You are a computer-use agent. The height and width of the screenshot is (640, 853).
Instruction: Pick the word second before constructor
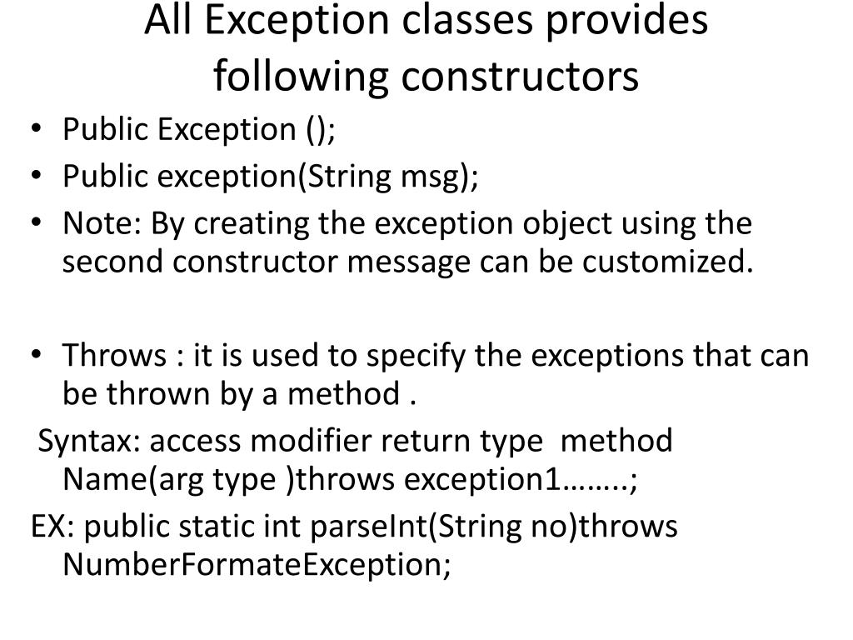pos(114,262)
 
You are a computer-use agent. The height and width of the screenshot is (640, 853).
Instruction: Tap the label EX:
pos(53,527)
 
